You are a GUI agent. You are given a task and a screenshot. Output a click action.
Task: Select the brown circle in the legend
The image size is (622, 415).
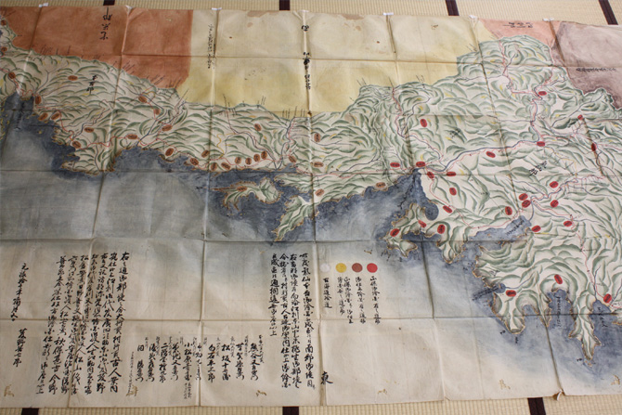(x=356, y=267)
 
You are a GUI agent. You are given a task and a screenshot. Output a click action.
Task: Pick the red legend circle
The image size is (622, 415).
(x=372, y=267)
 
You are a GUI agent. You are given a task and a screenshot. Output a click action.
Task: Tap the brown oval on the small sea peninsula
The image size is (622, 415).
(x=243, y=187)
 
